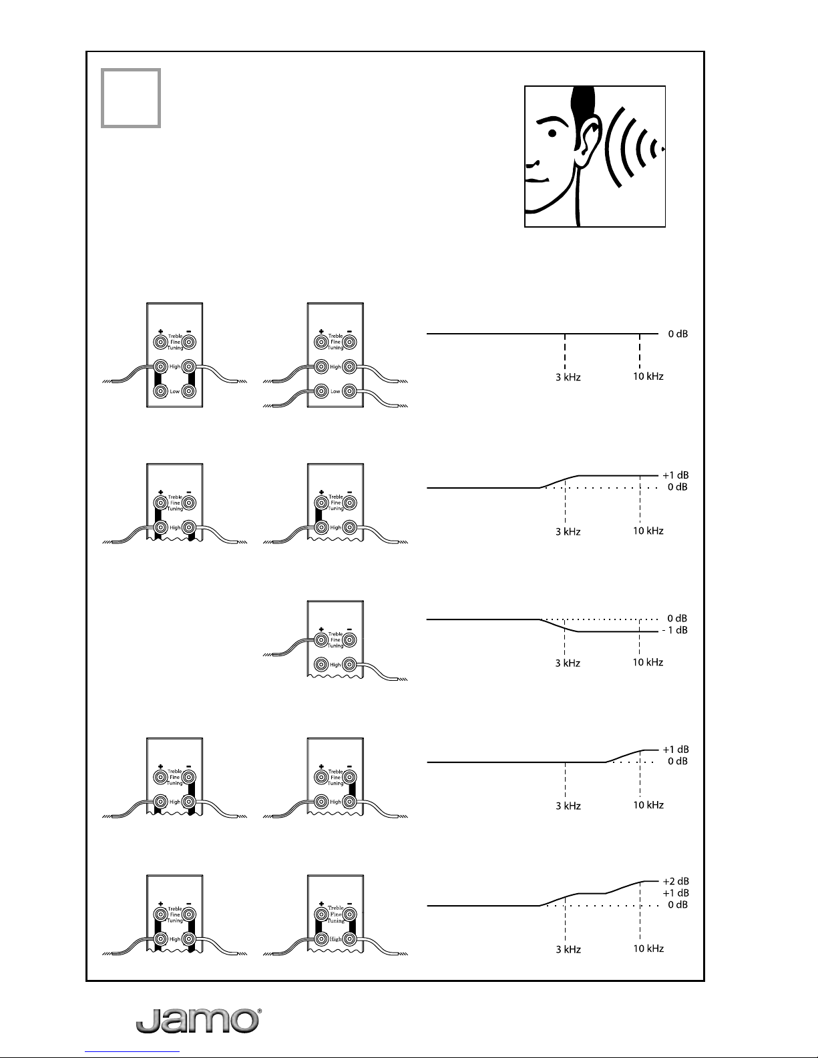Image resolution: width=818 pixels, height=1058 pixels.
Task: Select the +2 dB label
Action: pyautogui.click(x=675, y=880)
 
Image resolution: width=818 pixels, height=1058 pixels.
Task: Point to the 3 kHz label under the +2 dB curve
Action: pyautogui.click(x=569, y=949)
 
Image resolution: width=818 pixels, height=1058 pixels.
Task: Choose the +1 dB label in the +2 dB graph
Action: pyautogui.click(x=675, y=892)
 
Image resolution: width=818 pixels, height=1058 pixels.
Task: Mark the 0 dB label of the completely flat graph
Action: pyautogui.click(x=677, y=334)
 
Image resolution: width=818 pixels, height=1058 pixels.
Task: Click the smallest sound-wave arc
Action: pyautogui.click(x=662, y=149)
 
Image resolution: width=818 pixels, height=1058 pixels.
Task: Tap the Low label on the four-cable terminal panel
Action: pyautogui.click(x=336, y=391)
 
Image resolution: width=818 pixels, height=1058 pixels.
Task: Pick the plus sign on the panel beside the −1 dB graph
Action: pyautogui.click(x=321, y=629)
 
